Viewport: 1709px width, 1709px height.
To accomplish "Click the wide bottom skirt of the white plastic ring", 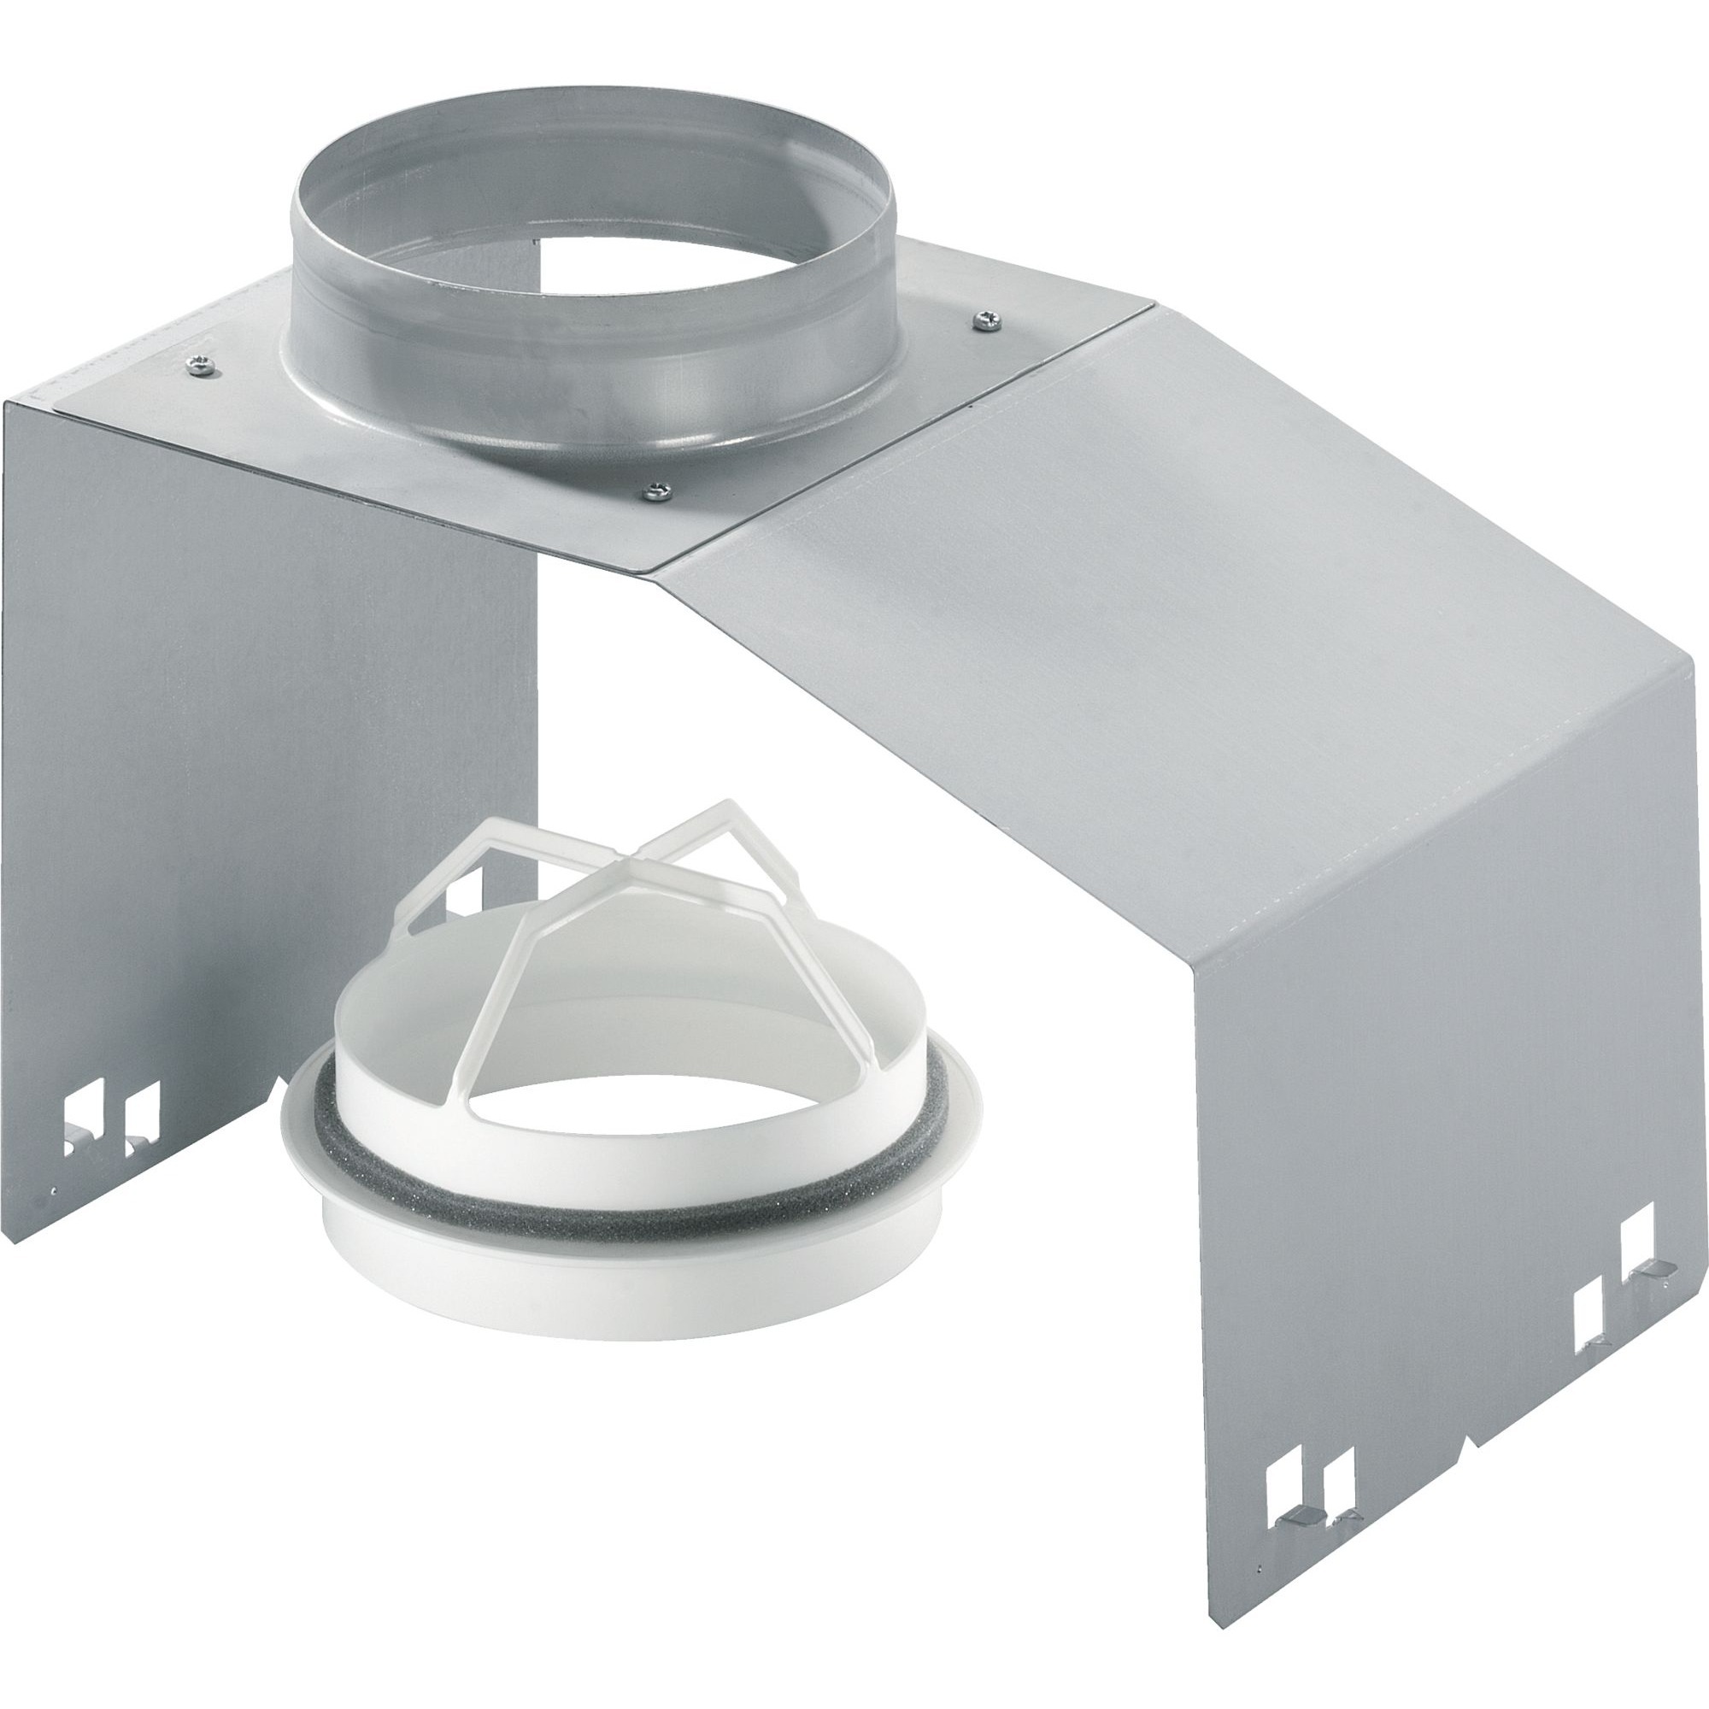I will tap(496, 1274).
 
